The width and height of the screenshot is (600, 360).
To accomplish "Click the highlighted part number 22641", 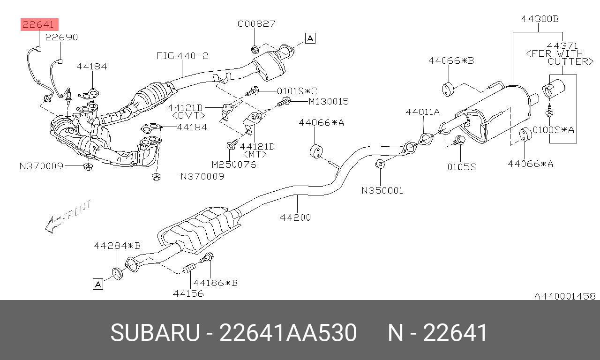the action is click(38, 25).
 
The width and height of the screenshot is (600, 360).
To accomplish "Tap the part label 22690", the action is click(61, 37).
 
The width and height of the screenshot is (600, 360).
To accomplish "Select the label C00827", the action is click(256, 23).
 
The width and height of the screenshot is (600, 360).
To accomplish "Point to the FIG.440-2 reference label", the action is click(182, 56).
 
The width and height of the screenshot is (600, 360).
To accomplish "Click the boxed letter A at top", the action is click(310, 38).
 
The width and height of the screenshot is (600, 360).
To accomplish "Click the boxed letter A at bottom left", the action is click(98, 284).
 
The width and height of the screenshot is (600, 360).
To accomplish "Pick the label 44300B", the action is click(540, 19).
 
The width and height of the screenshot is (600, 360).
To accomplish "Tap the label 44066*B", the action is click(451, 60).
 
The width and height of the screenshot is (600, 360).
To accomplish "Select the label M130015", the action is click(329, 101).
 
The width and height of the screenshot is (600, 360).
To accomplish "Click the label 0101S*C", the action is click(297, 91).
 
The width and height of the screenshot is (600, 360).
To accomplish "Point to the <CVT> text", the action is click(188, 115).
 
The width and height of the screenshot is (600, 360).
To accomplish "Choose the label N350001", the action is click(382, 190).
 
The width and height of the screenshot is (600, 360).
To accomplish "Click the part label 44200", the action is click(295, 217).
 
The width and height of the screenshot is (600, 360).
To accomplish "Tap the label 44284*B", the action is click(117, 246).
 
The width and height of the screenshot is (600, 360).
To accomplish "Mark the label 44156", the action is click(188, 293).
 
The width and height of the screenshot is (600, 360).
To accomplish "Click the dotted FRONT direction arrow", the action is click(68, 217).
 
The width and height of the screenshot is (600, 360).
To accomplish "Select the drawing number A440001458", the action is click(565, 296).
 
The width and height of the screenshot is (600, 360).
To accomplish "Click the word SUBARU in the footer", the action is click(155, 332).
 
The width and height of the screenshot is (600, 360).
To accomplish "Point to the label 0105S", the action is click(462, 167).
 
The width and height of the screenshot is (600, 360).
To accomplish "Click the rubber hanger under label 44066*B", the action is click(448, 90).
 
